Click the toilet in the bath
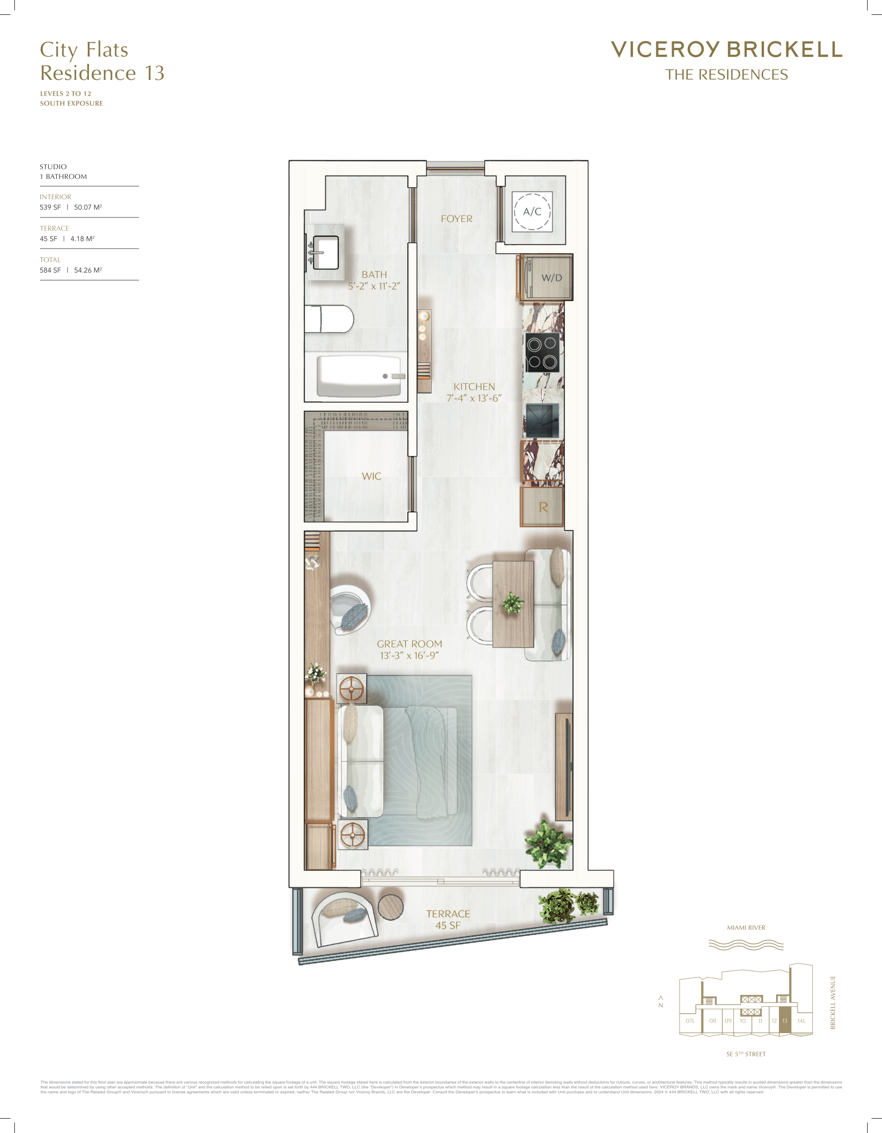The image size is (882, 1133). [329, 319]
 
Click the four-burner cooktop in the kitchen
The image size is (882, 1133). [542, 352]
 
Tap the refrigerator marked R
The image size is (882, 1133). [542, 507]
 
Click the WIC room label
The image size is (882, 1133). [372, 476]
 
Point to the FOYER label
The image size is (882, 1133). [457, 219]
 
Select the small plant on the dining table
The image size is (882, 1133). [513, 603]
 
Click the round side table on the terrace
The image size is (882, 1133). [391, 907]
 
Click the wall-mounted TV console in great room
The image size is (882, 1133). [564, 767]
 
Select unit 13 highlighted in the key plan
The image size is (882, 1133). [784, 1021]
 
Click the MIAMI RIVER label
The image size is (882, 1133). [746, 928]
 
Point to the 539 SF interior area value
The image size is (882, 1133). [50, 207]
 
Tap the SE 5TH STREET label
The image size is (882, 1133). [746, 1054]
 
